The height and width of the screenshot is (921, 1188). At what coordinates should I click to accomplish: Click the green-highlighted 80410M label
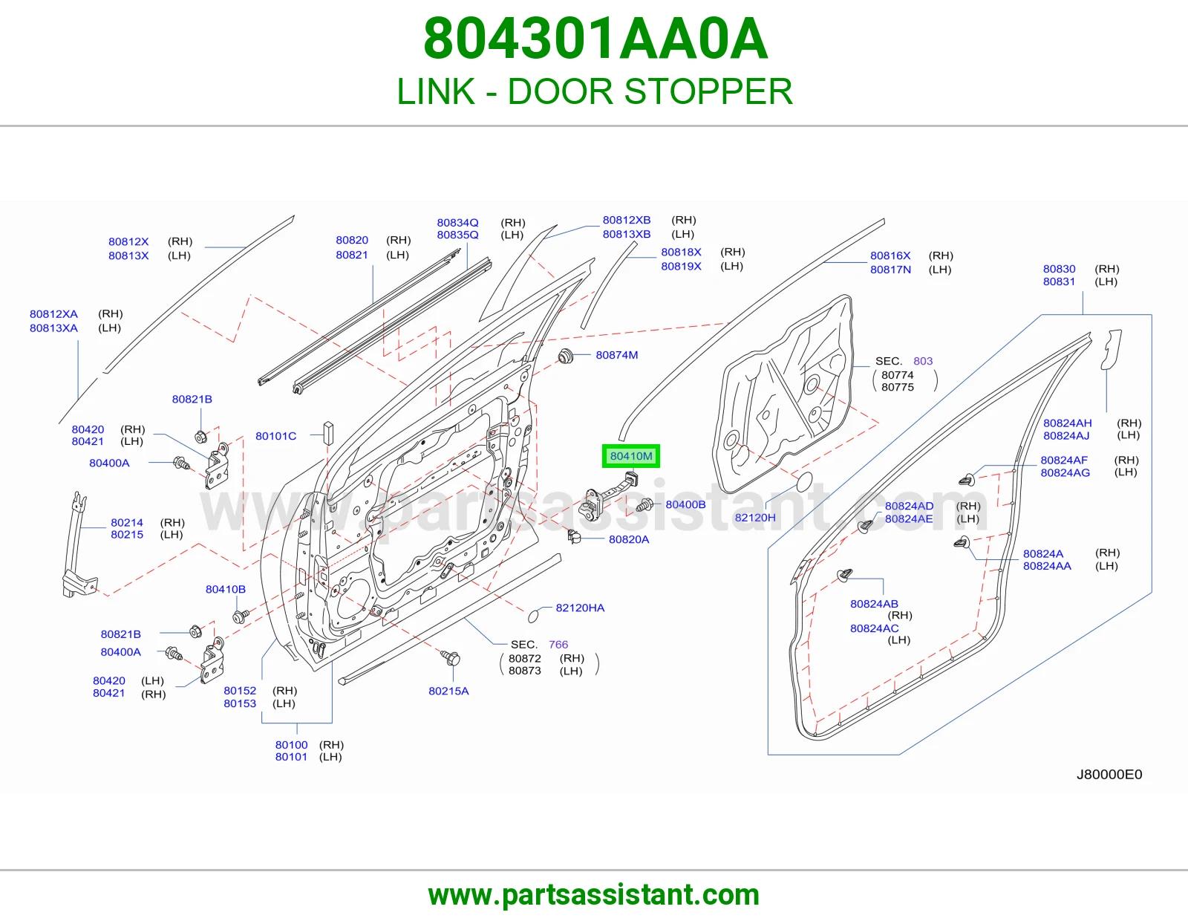(x=631, y=456)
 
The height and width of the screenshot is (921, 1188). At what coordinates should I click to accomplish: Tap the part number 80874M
(x=617, y=355)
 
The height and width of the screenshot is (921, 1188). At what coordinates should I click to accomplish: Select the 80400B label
(x=685, y=505)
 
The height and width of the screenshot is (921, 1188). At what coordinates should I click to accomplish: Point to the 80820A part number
(x=629, y=539)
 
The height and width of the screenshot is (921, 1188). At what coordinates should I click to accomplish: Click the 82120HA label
(x=580, y=608)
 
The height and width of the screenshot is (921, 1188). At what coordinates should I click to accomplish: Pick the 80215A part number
(x=448, y=691)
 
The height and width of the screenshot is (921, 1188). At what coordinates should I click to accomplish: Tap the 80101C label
(x=275, y=436)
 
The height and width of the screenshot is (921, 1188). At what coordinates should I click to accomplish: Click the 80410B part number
(x=225, y=589)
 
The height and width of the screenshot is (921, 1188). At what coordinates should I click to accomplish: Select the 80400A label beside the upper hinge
(x=109, y=463)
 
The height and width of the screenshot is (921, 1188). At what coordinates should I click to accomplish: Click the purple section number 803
(x=923, y=361)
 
